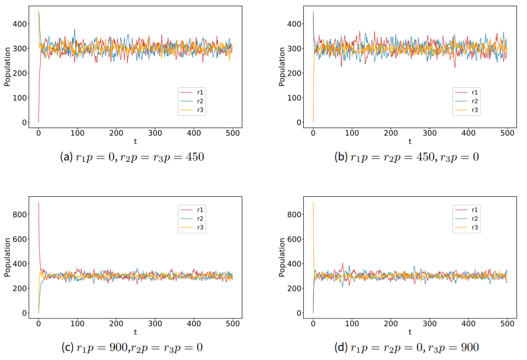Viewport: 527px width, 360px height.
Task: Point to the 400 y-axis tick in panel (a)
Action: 22,24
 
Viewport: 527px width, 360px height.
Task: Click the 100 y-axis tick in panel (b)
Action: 296,98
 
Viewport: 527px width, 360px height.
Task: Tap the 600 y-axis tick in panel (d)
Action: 296,239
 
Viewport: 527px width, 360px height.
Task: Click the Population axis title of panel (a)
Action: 7,67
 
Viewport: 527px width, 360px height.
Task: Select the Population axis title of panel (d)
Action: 282,257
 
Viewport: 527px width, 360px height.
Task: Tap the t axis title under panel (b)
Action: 410,141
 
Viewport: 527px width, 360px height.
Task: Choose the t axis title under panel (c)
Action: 136,332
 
